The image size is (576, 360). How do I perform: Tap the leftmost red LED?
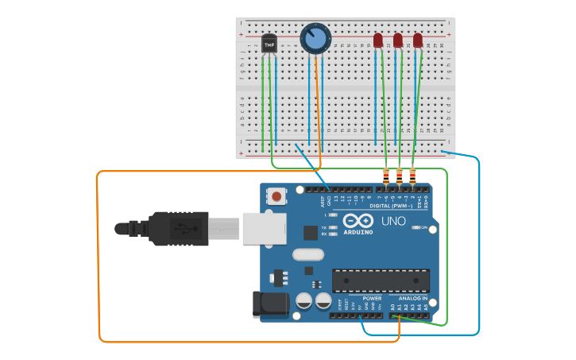[378, 40]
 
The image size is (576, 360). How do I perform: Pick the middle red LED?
[398, 40]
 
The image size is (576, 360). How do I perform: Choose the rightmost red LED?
[418, 40]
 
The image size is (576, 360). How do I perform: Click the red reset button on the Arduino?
[276, 195]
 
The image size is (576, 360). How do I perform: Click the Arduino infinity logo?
[358, 221]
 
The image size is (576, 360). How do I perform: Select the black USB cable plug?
[180, 229]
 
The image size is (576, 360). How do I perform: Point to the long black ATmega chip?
[381, 281]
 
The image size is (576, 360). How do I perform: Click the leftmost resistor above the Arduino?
[386, 176]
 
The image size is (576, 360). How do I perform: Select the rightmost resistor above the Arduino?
[412, 176]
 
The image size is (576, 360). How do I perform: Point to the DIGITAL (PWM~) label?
[401, 206]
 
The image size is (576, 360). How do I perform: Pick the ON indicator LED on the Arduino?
[416, 228]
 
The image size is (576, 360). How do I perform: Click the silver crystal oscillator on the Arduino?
[308, 255]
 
